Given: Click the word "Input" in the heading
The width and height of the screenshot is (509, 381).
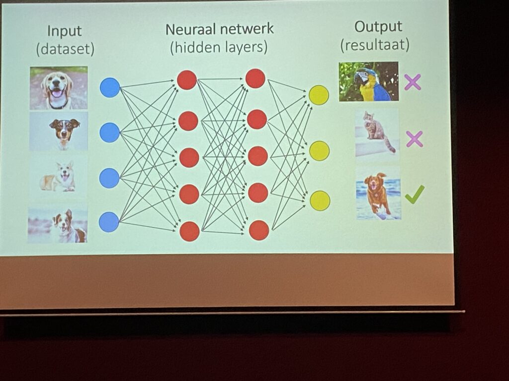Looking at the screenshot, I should tap(64, 31).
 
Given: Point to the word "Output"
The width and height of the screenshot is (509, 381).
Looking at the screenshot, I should tap(378, 27).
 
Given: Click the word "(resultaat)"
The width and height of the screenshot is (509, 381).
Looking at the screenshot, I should tap(375, 45).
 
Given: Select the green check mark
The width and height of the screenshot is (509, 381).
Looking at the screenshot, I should tap(414, 194).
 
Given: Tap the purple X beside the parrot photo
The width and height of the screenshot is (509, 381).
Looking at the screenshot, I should tap(413, 82).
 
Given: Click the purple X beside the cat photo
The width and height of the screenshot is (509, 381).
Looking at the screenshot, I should tap(414, 139).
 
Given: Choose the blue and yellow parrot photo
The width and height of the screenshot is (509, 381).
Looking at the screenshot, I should tap(369, 81).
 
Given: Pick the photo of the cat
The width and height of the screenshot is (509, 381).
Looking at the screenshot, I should tap(377, 133).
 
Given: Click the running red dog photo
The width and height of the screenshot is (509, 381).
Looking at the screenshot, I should tap(378, 193).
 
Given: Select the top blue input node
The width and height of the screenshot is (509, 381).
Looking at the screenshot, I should tap(110, 87).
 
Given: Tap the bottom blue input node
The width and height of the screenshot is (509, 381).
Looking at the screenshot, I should tap(109, 222).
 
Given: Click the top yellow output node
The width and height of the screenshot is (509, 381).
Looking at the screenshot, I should tap(319, 95).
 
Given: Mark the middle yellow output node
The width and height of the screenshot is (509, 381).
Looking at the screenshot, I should tap(320, 150).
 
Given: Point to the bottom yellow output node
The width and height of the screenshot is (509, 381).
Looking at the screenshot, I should tap(320, 200).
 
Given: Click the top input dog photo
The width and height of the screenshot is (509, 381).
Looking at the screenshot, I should tap(59, 88).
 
